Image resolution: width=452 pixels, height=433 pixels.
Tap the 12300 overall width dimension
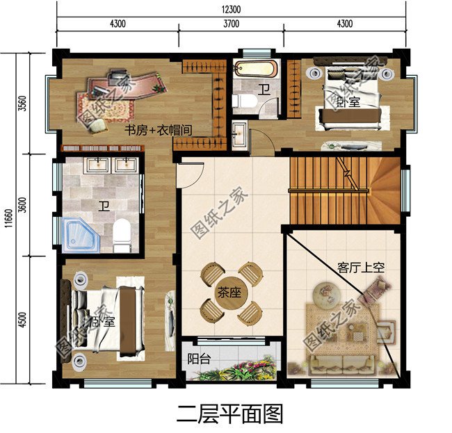231,8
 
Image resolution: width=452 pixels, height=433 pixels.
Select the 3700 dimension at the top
231,24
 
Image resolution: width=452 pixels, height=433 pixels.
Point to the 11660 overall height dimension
6,216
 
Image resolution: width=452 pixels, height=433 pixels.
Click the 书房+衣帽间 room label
158,129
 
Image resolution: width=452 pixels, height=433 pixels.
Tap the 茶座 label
229,293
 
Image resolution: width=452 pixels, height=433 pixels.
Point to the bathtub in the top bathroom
255,71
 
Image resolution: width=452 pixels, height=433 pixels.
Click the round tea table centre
229,293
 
